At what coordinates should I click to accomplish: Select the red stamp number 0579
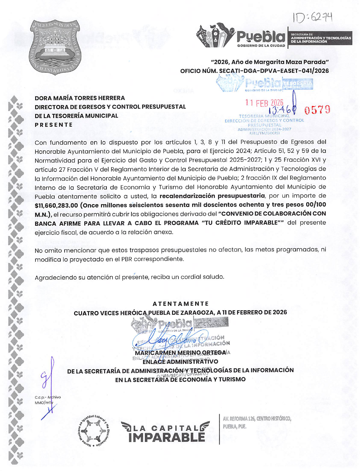click(x=317, y=110)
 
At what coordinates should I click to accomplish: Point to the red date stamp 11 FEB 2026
click(x=264, y=103)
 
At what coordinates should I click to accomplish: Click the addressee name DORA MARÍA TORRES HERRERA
click(x=80, y=98)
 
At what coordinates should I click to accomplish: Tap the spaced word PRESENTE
click(x=54, y=125)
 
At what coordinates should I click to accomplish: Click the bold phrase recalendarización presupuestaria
click(x=212, y=196)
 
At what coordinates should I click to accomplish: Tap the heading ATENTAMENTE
click(x=180, y=304)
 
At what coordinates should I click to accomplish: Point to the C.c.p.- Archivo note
click(x=48, y=397)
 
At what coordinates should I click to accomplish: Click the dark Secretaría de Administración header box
click(x=320, y=38)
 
